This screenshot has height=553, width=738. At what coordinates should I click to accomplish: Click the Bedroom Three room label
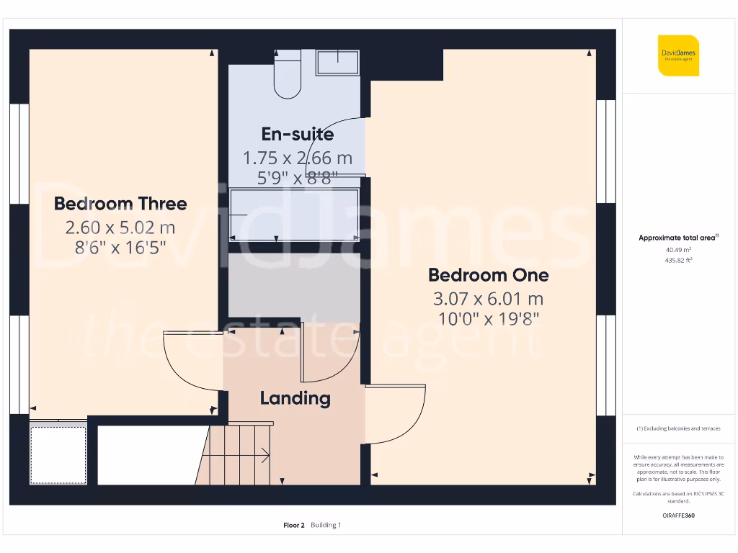click(120, 204)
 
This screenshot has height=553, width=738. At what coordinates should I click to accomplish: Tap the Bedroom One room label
click(488, 275)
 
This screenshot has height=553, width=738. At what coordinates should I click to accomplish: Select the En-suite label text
click(297, 134)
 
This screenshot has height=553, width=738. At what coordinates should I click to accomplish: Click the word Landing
click(295, 398)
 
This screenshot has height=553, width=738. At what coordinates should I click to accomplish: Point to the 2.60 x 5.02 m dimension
click(120, 228)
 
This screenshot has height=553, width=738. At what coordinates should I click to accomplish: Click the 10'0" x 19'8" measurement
click(488, 318)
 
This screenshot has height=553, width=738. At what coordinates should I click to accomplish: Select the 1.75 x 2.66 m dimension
click(297, 158)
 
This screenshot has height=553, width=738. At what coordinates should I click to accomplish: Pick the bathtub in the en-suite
click(294, 216)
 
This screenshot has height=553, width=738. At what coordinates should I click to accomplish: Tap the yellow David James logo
click(678, 55)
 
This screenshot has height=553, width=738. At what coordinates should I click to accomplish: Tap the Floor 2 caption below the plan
click(294, 525)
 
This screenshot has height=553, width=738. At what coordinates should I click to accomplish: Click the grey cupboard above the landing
click(294, 288)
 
